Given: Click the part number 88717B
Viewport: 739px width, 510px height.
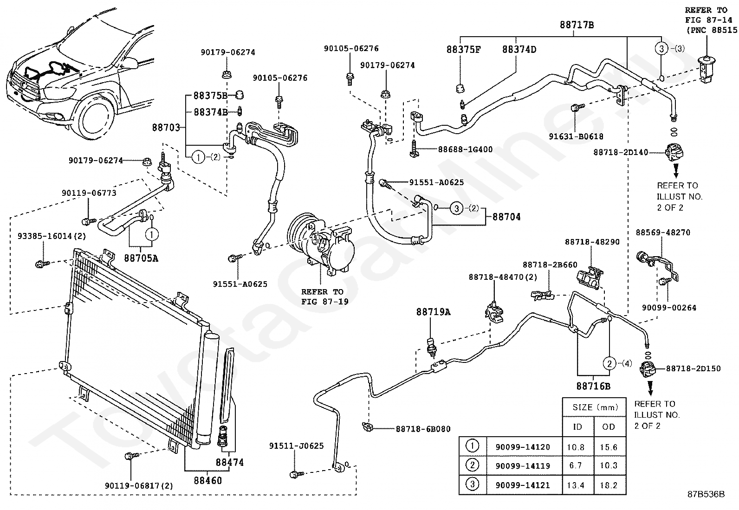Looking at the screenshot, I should coord(577,25).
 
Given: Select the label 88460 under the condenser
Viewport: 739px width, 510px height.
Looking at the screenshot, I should coord(208,481).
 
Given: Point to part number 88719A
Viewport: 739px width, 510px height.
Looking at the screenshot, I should coord(433,312).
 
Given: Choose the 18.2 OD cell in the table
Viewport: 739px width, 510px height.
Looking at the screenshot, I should coord(609,485).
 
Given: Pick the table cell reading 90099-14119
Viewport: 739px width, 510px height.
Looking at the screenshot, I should coord(523,466).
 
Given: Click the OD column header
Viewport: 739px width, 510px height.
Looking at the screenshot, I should coord(609,427).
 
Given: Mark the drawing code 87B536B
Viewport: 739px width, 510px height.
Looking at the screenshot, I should coord(706,495).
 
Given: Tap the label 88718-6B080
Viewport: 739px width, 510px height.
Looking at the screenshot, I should coord(423,429).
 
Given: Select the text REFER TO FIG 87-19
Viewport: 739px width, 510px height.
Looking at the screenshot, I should coord(322,297).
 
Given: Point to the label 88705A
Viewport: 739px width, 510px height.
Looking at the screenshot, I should coord(141,258).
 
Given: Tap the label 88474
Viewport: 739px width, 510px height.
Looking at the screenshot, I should coord(229,462).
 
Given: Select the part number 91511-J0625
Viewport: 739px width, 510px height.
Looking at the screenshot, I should coord(296,446).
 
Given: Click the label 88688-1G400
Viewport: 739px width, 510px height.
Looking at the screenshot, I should coord(465,149).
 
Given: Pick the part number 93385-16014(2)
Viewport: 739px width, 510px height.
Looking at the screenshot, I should coord(52,236).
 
